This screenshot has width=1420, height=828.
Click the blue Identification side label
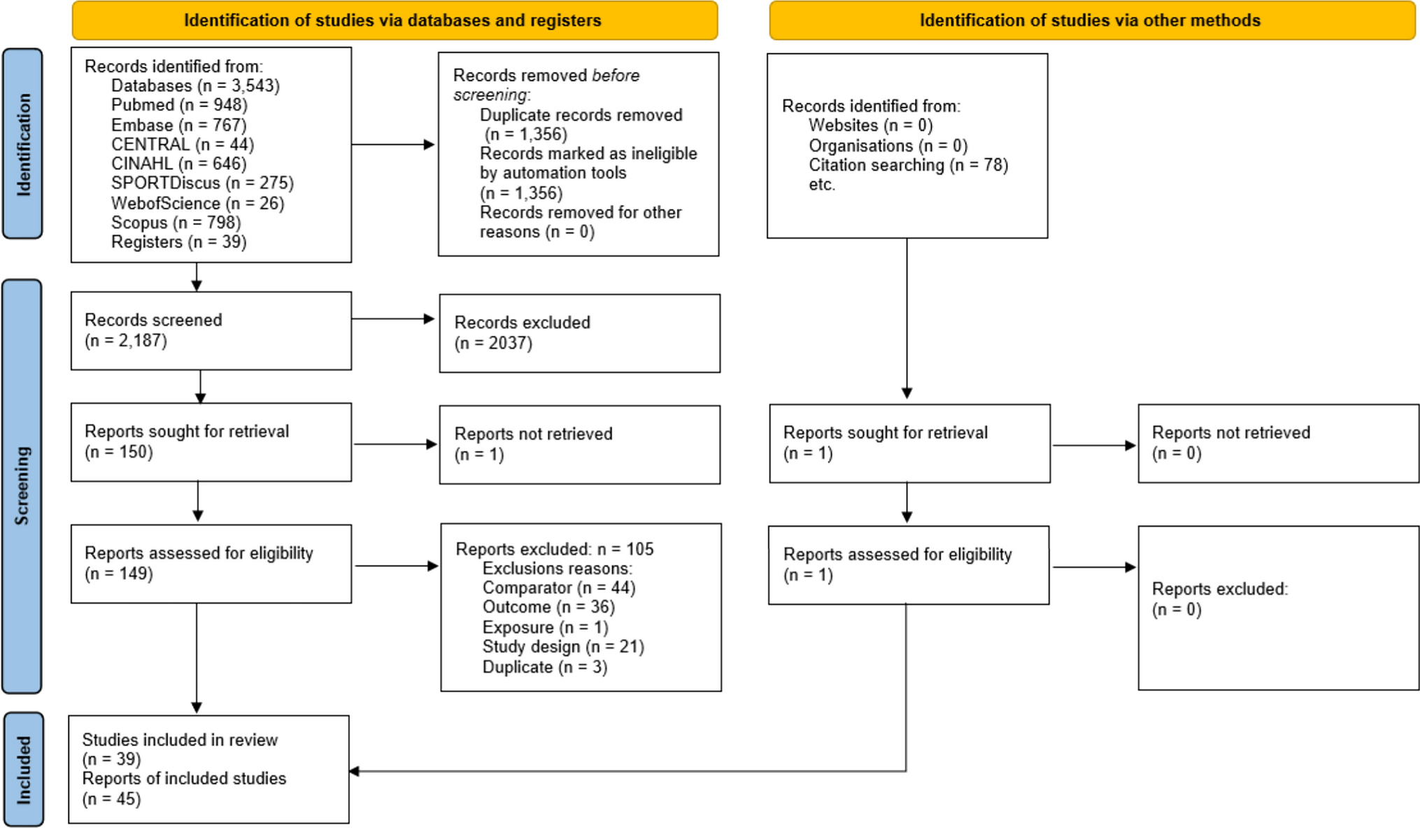(x=22, y=144)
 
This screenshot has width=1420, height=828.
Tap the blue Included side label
(x=23, y=769)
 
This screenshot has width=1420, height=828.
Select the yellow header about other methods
(x=1091, y=20)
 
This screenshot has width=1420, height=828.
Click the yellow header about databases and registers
(x=394, y=20)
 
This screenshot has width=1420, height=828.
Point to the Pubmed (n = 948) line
(x=179, y=105)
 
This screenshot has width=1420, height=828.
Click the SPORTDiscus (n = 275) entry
(x=202, y=183)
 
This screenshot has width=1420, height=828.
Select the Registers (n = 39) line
(x=178, y=242)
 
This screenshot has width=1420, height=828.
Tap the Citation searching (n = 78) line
(x=908, y=165)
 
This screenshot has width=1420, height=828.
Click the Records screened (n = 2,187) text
(x=153, y=330)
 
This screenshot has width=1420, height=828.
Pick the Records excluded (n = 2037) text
(x=522, y=333)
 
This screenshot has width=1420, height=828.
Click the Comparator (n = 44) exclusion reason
(x=558, y=588)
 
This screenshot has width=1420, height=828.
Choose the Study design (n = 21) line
(x=562, y=647)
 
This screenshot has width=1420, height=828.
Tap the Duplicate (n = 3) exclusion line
(x=544, y=667)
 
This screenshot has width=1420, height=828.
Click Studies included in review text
(x=180, y=740)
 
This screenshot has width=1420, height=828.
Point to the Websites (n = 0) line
(x=870, y=126)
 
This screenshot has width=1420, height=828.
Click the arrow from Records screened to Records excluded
(x=392, y=319)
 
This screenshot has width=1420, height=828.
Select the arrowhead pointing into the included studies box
(x=354, y=771)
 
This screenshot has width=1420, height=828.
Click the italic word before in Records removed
(x=616, y=76)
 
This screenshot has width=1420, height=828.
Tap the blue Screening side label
(x=22, y=485)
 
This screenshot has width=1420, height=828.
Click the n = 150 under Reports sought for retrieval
(x=118, y=452)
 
